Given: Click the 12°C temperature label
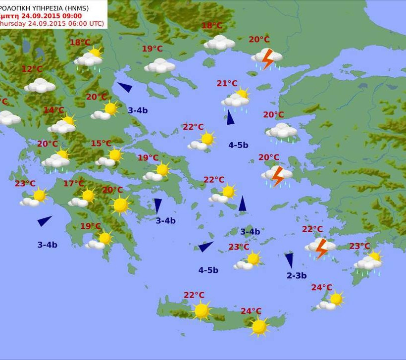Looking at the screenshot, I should click(x=32, y=69).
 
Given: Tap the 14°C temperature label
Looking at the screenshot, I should click(x=54, y=110).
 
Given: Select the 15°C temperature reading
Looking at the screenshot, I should click(x=101, y=144).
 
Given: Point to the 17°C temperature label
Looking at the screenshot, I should click(x=73, y=184).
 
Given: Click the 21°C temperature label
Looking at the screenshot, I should click(x=227, y=84).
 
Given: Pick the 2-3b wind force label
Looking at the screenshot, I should click(x=297, y=275).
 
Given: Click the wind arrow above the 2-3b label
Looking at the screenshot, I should click(x=289, y=259).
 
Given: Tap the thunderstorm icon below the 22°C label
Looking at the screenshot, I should click(x=321, y=247).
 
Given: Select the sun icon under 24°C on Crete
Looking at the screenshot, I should click(x=259, y=326).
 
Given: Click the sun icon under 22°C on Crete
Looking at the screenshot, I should click(x=202, y=310).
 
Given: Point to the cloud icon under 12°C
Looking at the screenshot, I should click(x=40, y=86).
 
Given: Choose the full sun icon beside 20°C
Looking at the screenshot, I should click(x=120, y=205).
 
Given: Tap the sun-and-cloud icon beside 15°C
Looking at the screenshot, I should click(x=110, y=157).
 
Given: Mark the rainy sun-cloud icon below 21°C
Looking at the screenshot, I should click(x=236, y=99).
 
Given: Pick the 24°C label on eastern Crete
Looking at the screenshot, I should click(x=251, y=311).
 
